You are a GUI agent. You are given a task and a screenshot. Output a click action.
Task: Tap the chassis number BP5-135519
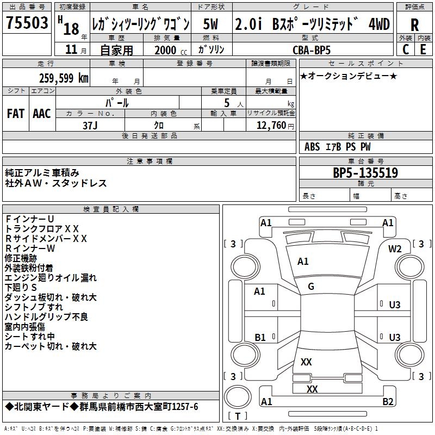tap(365, 173)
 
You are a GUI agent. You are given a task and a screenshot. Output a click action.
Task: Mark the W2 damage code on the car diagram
tap(395, 248)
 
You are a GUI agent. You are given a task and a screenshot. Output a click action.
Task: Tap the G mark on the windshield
tap(311, 286)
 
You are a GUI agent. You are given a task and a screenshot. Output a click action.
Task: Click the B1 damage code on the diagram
tap(260, 337)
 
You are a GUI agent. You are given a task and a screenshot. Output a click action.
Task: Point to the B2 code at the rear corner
tap(388, 402)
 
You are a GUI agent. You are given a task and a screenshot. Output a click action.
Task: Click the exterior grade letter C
tap(406, 49)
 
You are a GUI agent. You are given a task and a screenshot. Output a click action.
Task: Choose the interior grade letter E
tap(423, 49)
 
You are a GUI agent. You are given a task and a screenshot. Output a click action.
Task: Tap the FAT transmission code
tap(16, 114)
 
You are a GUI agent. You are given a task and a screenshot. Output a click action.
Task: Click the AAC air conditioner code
tap(42, 114)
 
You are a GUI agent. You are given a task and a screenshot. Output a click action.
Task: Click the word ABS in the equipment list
tap(312, 147)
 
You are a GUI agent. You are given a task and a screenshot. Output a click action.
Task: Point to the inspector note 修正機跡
tap(21, 258)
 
